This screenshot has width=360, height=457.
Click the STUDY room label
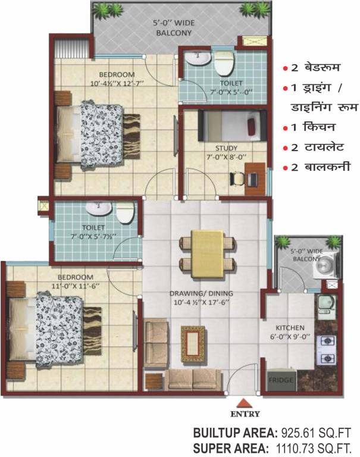pos(226,148)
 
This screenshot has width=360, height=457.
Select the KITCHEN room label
pos(290,328)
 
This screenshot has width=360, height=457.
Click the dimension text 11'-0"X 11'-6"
pos(75,286)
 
